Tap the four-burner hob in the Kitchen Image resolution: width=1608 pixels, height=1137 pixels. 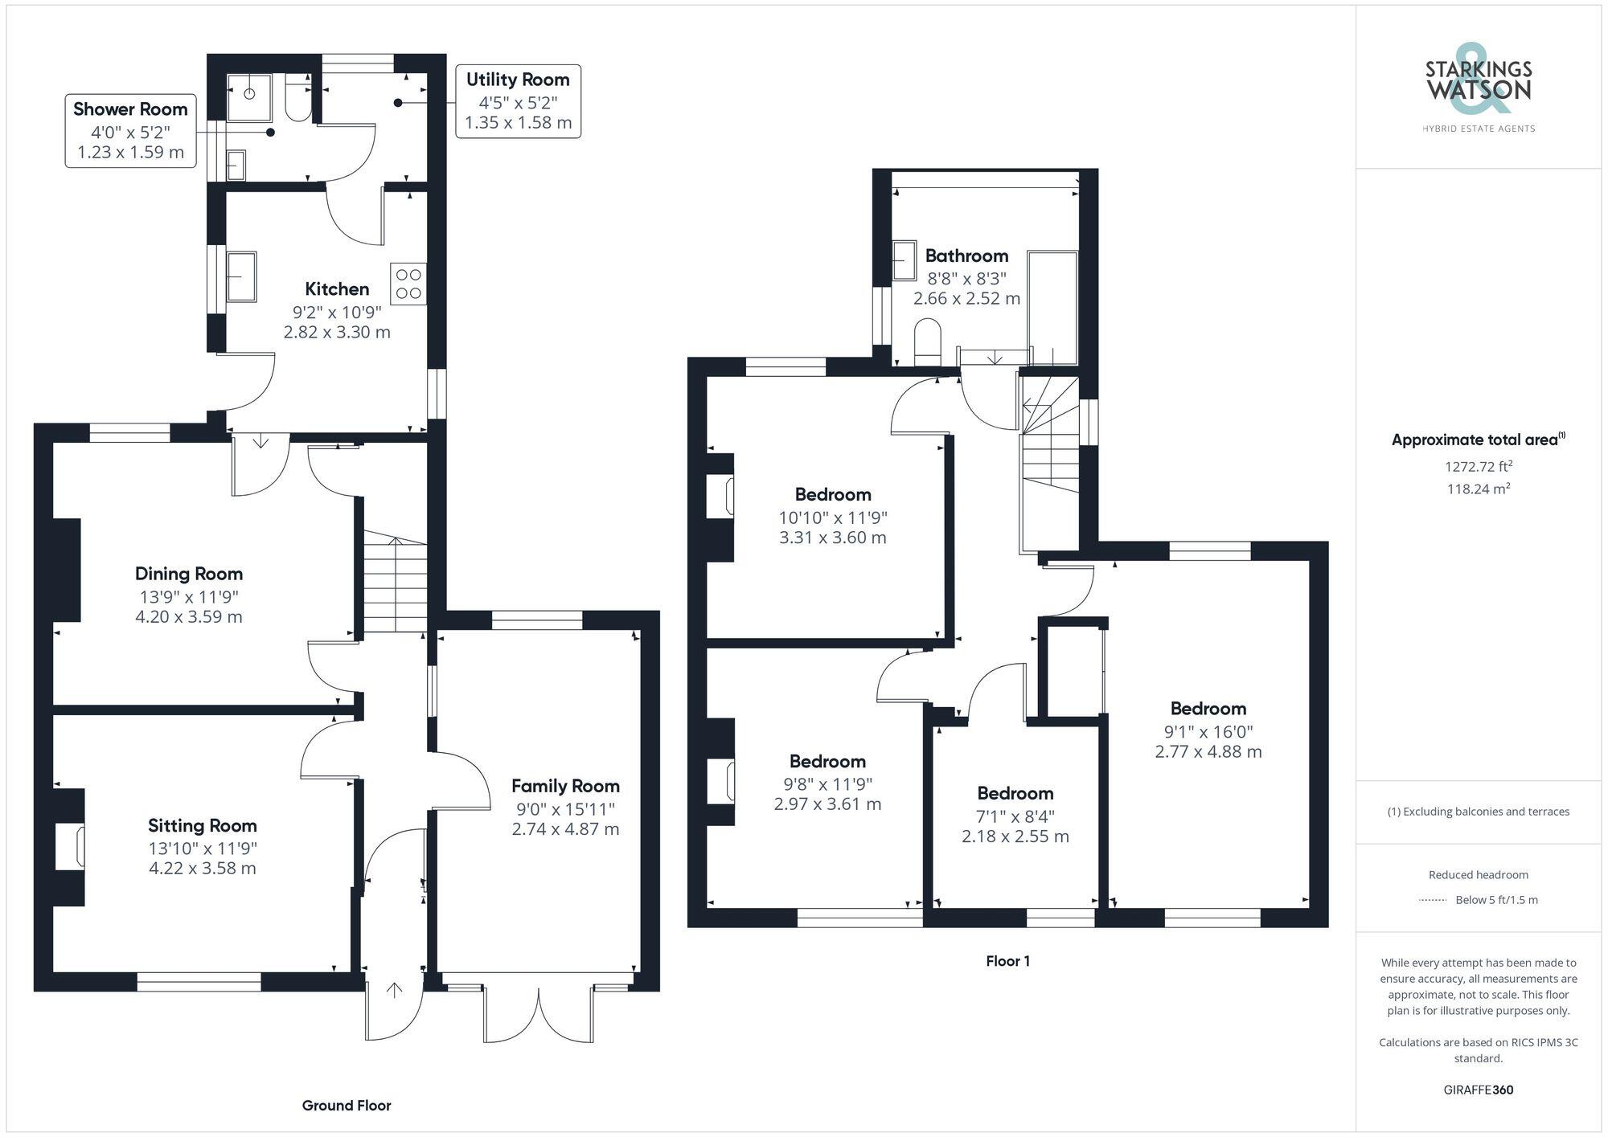pos(408,284)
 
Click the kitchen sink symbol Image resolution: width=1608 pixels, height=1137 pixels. pos(241,276)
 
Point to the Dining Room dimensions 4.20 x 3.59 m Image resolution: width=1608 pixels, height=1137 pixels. pos(189,617)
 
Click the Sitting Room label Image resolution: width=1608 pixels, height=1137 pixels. pos(203,825)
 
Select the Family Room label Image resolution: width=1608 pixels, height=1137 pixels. pos(565,786)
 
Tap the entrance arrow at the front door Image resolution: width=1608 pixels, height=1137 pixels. pos(394,990)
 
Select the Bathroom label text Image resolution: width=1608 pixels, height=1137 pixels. pos(966,256)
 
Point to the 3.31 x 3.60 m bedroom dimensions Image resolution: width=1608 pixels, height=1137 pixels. pos(832,538)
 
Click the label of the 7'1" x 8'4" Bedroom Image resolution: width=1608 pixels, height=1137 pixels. pos(1015,793)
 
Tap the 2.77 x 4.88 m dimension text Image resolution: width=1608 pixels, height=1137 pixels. pos(1208,752)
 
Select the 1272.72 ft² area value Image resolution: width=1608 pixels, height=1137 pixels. pos(1478,466)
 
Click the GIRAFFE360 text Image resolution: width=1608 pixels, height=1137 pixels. pos(1478,1090)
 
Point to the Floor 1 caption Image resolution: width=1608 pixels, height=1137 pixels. pos(1007,961)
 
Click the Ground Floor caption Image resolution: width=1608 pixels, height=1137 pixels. pos(347,1106)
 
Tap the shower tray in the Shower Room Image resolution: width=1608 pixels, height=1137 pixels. pos(249,94)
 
